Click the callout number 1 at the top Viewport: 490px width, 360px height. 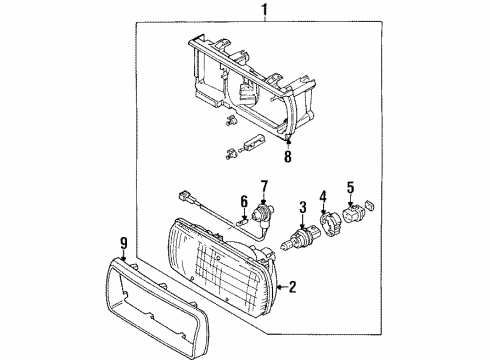tap(265, 10)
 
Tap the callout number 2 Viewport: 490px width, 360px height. tap(292, 287)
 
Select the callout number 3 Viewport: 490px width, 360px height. tap(303, 207)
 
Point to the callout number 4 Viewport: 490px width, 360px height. tap(323, 197)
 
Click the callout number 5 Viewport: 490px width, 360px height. tap(350, 187)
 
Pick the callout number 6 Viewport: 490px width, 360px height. tap(244, 202)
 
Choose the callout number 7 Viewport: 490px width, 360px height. tap(264, 187)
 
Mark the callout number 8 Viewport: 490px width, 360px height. tap(288, 156)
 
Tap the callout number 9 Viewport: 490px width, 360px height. tap(123, 243)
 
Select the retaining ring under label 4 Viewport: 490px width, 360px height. tap(327, 225)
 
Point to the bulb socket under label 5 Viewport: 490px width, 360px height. tap(352, 214)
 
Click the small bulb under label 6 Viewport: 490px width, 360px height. tap(241, 221)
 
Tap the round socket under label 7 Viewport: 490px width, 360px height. tap(261, 215)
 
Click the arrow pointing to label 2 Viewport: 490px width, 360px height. tap(282, 287)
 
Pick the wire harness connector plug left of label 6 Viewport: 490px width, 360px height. tap(184, 196)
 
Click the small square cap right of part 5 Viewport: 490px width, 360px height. tap(370, 205)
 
